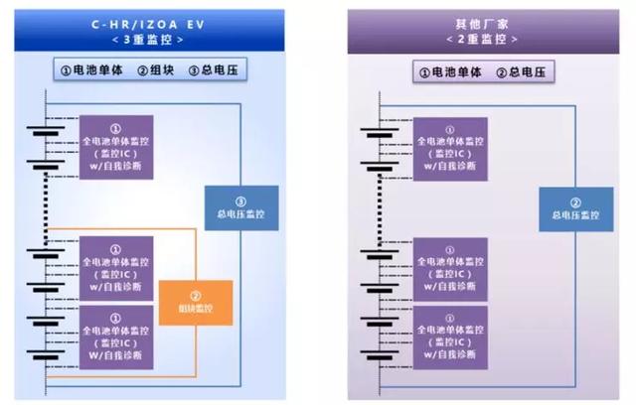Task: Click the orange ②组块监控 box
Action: (x=196, y=302)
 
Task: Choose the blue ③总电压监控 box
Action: (x=235, y=207)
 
